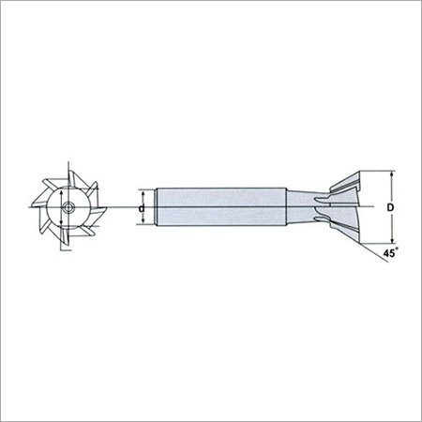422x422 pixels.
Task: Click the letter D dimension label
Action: pos(390,207)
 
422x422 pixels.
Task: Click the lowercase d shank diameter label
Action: pos(142,208)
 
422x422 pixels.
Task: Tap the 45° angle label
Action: pos(391,252)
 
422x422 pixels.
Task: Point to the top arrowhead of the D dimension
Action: pos(392,173)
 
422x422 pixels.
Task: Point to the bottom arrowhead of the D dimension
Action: pos(392,240)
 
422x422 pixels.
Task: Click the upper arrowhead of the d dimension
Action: pos(143,192)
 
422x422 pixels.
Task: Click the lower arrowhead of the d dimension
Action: pos(143,221)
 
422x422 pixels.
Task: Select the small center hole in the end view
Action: pos(68,207)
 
